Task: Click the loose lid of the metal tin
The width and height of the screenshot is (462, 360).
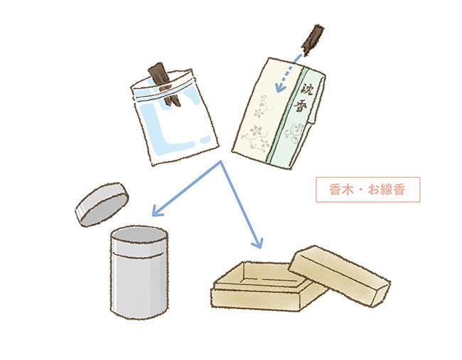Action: pos(102,204)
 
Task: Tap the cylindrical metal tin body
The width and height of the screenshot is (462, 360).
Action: pos(139,272)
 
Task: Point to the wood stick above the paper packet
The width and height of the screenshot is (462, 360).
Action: pos(313,40)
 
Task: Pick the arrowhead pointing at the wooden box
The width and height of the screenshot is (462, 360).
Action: pos(257,243)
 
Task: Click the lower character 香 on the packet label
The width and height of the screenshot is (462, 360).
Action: pos(300,105)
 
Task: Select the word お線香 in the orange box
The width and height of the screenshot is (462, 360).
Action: pos(386,189)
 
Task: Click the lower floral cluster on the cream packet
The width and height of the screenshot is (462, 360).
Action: pos(256,137)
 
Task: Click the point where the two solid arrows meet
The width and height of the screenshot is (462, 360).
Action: pos(220,161)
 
